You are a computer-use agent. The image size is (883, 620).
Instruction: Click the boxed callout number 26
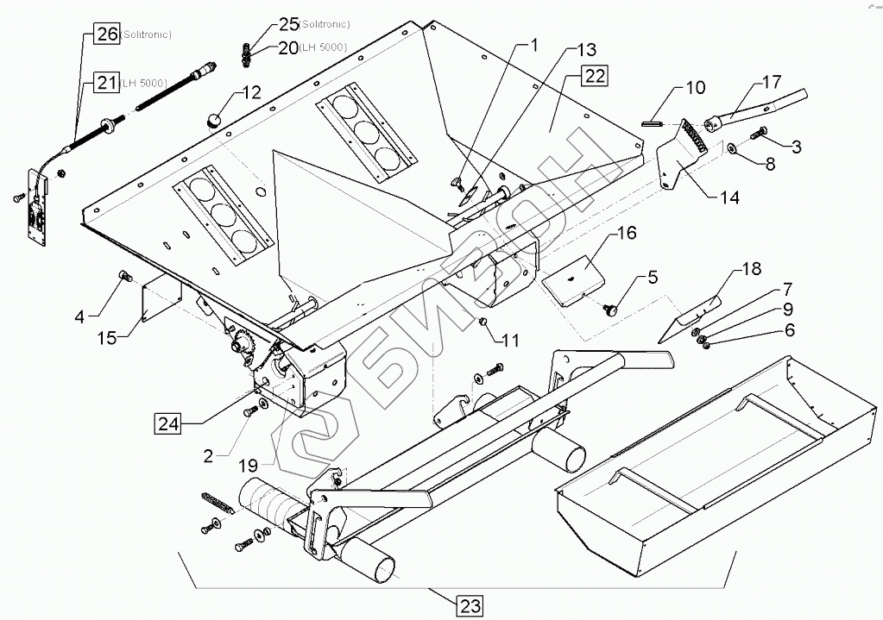point(106,34)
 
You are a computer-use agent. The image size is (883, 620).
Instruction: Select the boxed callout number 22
point(595,75)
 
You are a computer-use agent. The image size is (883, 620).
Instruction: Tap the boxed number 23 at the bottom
point(470,606)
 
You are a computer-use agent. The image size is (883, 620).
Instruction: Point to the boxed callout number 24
point(167,423)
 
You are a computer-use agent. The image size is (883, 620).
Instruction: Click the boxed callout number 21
point(106,83)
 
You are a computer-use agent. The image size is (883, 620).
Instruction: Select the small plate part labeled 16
point(573,279)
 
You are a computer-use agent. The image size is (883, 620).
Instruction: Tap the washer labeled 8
point(732,148)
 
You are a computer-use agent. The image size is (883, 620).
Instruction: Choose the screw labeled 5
point(610,308)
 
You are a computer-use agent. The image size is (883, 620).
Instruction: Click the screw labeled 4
point(124,276)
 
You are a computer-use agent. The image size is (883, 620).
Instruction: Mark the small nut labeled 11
point(482,322)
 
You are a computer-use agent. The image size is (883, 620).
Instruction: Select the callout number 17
point(772,82)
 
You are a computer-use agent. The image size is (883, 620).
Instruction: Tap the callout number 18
point(751,269)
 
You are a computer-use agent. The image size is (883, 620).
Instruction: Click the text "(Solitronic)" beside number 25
point(325,24)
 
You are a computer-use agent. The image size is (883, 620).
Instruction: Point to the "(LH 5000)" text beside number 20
point(323,47)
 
